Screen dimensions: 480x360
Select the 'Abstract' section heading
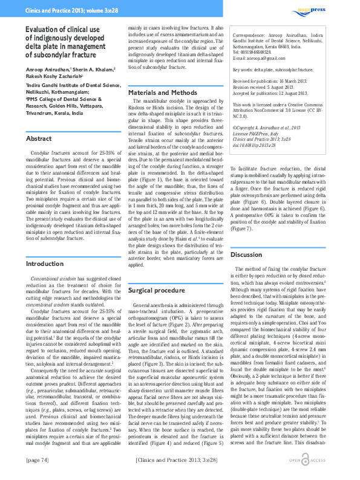39,139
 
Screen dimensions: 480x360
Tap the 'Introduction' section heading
45,281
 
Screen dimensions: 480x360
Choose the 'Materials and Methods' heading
163,92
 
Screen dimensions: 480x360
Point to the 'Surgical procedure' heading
157,291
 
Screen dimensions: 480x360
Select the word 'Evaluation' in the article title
45,29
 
